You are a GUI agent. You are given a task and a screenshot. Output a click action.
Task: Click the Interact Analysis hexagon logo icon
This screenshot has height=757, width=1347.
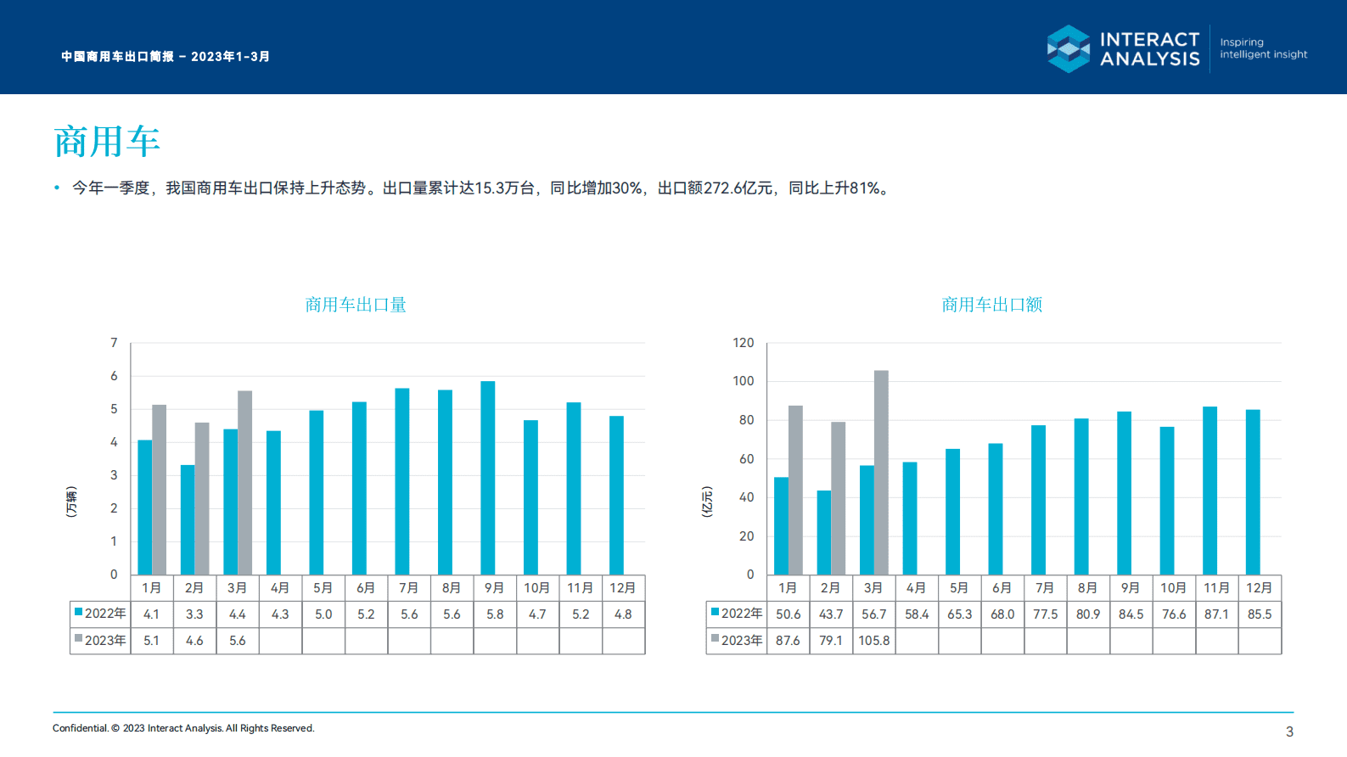tap(1069, 48)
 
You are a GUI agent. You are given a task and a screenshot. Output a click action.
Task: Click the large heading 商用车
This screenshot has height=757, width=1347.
tap(107, 142)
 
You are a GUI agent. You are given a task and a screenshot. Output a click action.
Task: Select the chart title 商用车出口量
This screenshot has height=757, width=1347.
tap(356, 305)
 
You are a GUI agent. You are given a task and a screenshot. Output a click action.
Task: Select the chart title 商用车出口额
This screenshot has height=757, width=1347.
tap(991, 305)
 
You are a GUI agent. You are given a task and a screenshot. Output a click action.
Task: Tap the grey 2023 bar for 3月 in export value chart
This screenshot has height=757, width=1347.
tap(881, 472)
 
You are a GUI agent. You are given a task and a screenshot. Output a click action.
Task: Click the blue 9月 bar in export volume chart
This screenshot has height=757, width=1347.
tap(487, 478)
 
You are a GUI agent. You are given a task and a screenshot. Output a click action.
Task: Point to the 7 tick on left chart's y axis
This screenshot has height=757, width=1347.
tap(114, 343)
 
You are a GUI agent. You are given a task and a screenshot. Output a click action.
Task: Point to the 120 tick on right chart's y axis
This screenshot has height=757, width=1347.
tap(743, 343)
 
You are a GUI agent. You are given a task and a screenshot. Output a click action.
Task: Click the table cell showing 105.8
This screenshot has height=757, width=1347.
tap(873, 641)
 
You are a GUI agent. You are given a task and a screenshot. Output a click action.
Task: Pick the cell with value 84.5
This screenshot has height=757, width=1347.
tap(1131, 614)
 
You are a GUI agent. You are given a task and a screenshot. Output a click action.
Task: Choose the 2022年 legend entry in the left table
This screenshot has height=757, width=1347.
tap(100, 614)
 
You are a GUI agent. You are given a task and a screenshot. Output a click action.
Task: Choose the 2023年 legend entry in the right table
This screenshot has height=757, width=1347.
tap(737, 641)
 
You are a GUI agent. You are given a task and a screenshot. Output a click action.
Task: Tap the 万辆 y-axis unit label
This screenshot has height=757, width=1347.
tap(71, 502)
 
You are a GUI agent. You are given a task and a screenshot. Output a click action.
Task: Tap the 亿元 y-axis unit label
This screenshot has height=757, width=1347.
tap(707, 502)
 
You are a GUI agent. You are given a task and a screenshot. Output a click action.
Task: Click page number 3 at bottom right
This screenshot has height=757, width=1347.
tap(1289, 732)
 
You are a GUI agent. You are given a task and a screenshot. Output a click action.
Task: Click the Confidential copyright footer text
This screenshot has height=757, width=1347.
tap(183, 728)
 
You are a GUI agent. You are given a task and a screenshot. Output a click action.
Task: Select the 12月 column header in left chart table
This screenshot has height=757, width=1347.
tap(622, 588)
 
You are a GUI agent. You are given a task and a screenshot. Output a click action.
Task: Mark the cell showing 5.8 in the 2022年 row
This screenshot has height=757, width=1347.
tap(495, 614)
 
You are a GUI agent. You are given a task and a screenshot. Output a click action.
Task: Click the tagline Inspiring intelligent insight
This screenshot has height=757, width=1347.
tap(1263, 48)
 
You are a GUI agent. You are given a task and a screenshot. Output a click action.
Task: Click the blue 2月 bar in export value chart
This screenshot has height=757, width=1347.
tap(823, 532)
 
